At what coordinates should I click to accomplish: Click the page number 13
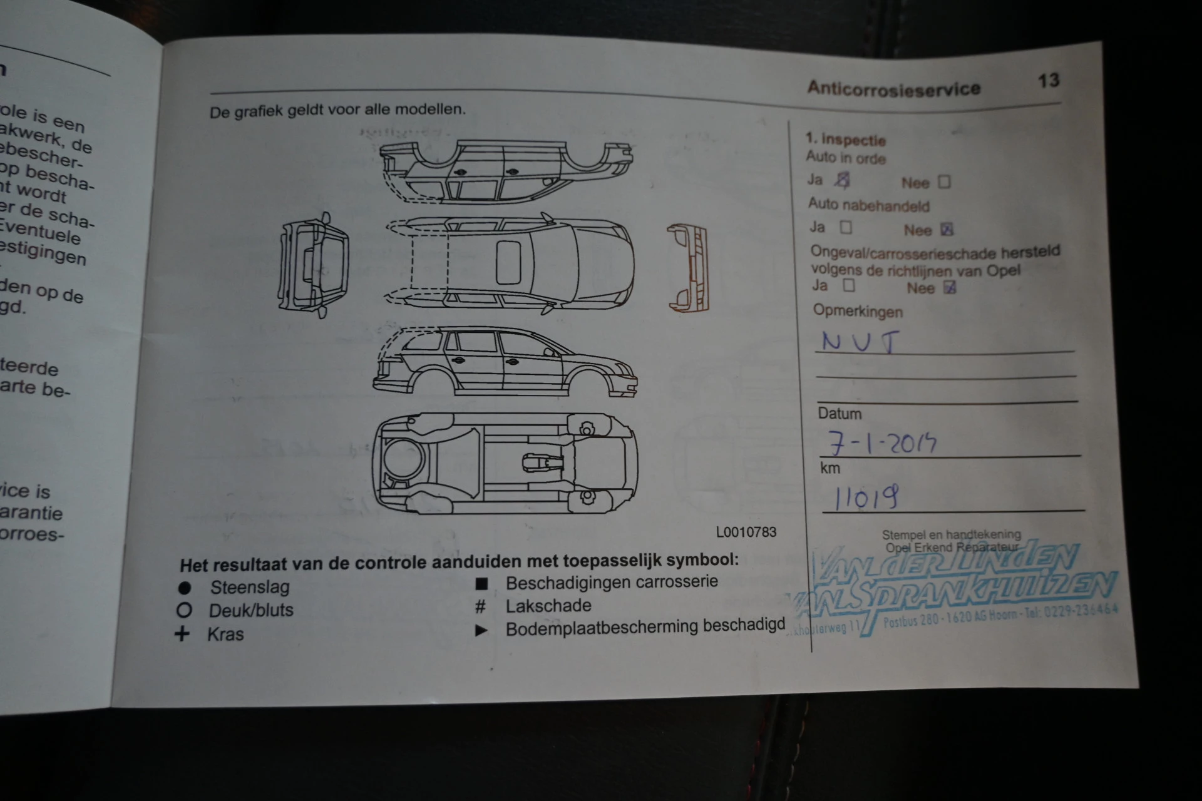click(1048, 81)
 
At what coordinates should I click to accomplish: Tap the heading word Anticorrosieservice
click(893, 88)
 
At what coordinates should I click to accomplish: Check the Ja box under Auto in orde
click(843, 181)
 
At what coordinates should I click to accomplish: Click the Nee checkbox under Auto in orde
click(944, 182)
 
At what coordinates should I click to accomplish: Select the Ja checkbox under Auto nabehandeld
click(846, 227)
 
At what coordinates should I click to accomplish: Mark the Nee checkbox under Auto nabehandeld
click(947, 230)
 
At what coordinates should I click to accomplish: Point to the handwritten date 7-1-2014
click(883, 443)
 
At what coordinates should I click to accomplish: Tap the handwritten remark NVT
click(860, 342)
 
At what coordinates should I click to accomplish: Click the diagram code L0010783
click(746, 532)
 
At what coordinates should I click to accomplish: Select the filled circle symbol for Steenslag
click(184, 588)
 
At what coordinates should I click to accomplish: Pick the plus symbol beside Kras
click(182, 634)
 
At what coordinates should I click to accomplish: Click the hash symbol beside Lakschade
click(480, 606)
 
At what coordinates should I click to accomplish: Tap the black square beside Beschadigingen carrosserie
click(481, 584)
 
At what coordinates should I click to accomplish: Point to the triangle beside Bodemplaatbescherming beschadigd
click(481, 630)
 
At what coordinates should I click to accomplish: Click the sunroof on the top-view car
click(508, 262)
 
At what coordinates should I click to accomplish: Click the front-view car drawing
click(313, 265)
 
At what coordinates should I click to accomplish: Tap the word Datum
click(839, 414)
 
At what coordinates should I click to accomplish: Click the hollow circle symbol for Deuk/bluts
click(184, 610)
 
